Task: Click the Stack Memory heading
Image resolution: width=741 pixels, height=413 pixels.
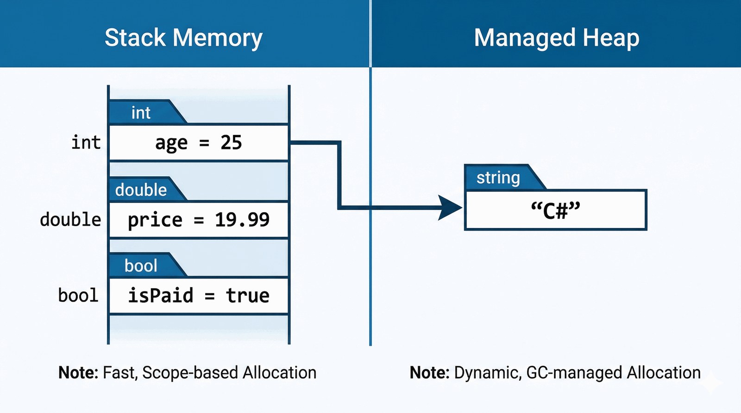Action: pyautogui.click(x=183, y=38)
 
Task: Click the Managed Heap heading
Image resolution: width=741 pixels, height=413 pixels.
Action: pyautogui.click(x=556, y=38)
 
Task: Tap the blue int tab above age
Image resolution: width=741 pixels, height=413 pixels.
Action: pyautogui.click(x=141, y=113)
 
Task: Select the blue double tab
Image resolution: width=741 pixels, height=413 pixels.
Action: pyautogui.click(x=141, y=190)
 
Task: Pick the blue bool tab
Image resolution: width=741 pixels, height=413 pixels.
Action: pyautogui.click(x=141, y=266)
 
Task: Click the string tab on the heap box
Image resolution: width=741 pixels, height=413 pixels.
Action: pyautogui.click(x=498, y=178)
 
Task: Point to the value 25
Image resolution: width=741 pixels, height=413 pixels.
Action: pyautogui.click(x=231, y=142)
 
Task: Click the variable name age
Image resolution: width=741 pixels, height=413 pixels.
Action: pyautogui.click(x=171, y=143)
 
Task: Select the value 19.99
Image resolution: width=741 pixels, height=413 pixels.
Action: pyautogui.click(x=242, y=220)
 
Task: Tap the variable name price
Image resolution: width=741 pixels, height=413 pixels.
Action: pyautogui.click(x=155, y=220)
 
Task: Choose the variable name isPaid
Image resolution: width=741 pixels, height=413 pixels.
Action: pyautogui.click(x=160, y=296)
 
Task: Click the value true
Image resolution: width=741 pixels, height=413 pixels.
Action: pyautogui.click(x=247, y=296)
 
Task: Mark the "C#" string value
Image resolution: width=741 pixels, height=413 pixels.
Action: pyautogui.click(x=555, y=210)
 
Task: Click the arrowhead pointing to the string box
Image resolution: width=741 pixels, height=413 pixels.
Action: pyautogui.click(x=449, y=208)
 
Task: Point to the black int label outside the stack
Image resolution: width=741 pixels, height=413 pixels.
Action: pyautogui.click(x=86, y=142)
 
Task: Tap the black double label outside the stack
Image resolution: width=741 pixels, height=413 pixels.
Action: pyautogui.click(x=70, y=220)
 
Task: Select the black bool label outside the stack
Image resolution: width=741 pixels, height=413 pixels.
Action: pyautogui.click(x=78, y=296)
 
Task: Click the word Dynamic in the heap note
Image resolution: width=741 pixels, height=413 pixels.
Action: pyautogui.click(x=486, y=373)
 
